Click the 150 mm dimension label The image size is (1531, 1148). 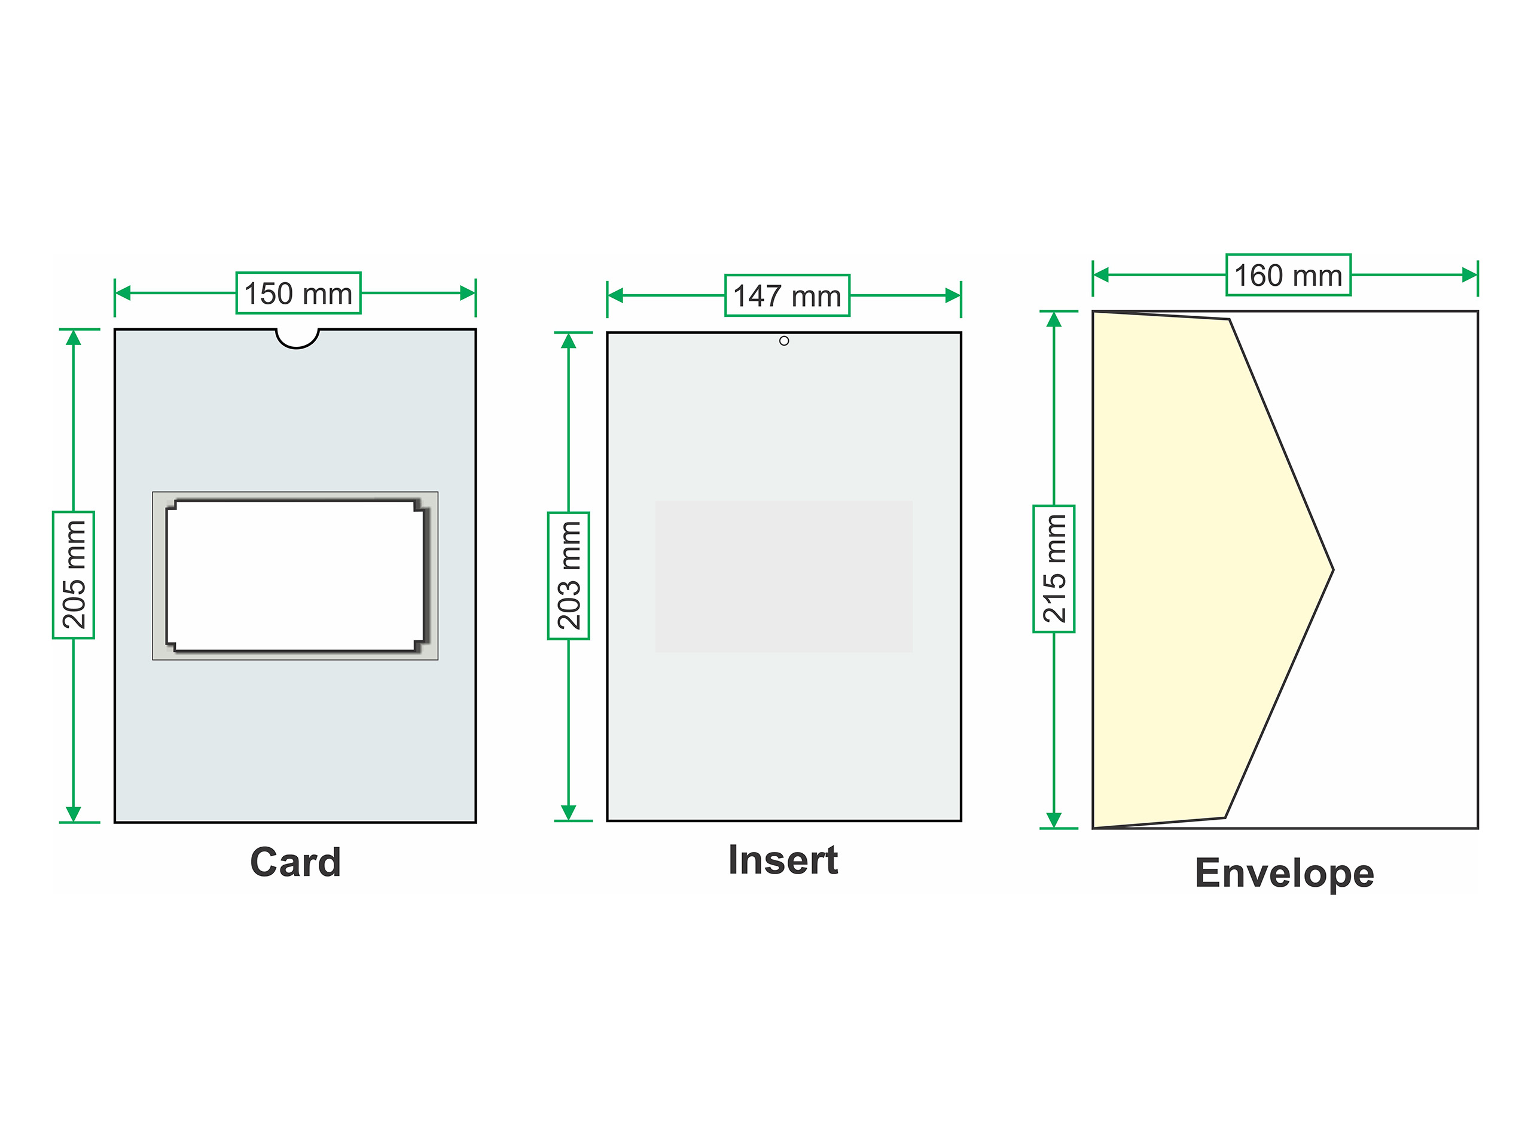click(298, 293)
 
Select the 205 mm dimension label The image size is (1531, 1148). click(74, 575)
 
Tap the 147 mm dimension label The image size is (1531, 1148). click(787, 295)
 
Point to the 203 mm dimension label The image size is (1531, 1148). click(568, 576)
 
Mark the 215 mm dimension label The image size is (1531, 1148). click(1053, 568)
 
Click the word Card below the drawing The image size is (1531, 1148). click(295, 862)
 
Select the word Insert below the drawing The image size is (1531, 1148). click(783, 860)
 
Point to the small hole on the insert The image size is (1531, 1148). click(784, 340)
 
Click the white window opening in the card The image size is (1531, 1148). click(295, 576)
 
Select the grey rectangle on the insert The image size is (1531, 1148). click(783, 576)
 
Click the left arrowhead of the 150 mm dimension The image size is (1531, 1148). click(123, 293)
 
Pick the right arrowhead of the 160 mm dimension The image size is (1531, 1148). click(1469, 274)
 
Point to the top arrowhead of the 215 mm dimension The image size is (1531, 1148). click(1053, 320)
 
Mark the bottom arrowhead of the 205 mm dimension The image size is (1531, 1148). click(74, 813)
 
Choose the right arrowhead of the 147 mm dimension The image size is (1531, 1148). click(953, 295)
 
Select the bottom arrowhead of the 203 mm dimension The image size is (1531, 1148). click(568, 812)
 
